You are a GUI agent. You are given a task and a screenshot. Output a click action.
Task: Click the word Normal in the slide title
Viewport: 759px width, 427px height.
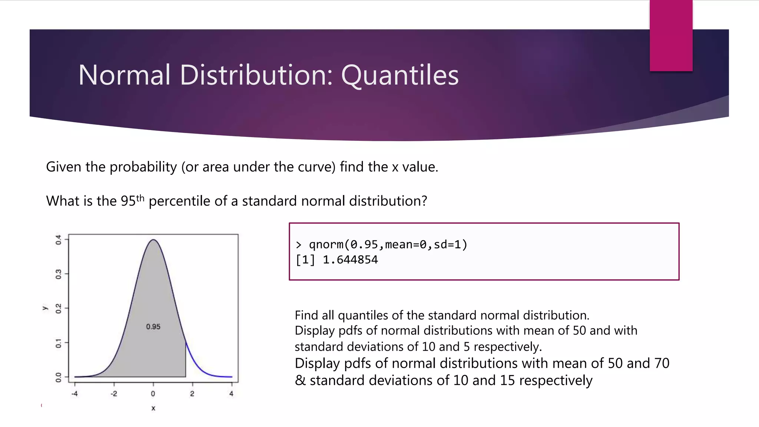tap(125, 75)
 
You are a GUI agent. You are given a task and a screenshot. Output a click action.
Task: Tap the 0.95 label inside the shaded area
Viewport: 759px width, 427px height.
tap(153, 327)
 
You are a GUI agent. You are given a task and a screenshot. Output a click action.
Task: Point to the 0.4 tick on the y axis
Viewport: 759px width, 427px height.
tap(59, 240)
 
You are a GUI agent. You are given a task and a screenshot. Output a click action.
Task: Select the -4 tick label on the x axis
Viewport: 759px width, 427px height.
tap(74, 394)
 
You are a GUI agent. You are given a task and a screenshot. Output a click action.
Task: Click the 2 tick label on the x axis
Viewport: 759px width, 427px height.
tap(192, 394)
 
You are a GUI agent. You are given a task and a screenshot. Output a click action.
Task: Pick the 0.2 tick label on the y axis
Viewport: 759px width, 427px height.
tap(59, 308)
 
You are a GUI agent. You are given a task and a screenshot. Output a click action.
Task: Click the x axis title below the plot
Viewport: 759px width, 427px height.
tap(153, 408)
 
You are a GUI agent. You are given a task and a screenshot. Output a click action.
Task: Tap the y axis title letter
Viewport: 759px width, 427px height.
tap(45, 308)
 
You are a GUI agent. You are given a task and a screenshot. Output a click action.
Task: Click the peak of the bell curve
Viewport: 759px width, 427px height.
tap(153, 240)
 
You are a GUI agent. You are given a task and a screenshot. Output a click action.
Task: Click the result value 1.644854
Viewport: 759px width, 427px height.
tap(350, 260)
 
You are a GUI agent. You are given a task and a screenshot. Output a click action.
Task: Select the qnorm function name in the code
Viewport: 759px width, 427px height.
tap(326, 245)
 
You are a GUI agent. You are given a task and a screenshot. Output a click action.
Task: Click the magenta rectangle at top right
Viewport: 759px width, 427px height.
tap(671, 35)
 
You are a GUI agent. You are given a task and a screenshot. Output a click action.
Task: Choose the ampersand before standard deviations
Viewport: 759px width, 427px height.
tap(300, 381)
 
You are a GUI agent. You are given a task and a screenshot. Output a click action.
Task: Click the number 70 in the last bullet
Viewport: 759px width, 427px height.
tap(662, 363)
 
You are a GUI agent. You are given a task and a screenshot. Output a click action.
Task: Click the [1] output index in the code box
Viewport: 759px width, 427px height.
tap(305, 260)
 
